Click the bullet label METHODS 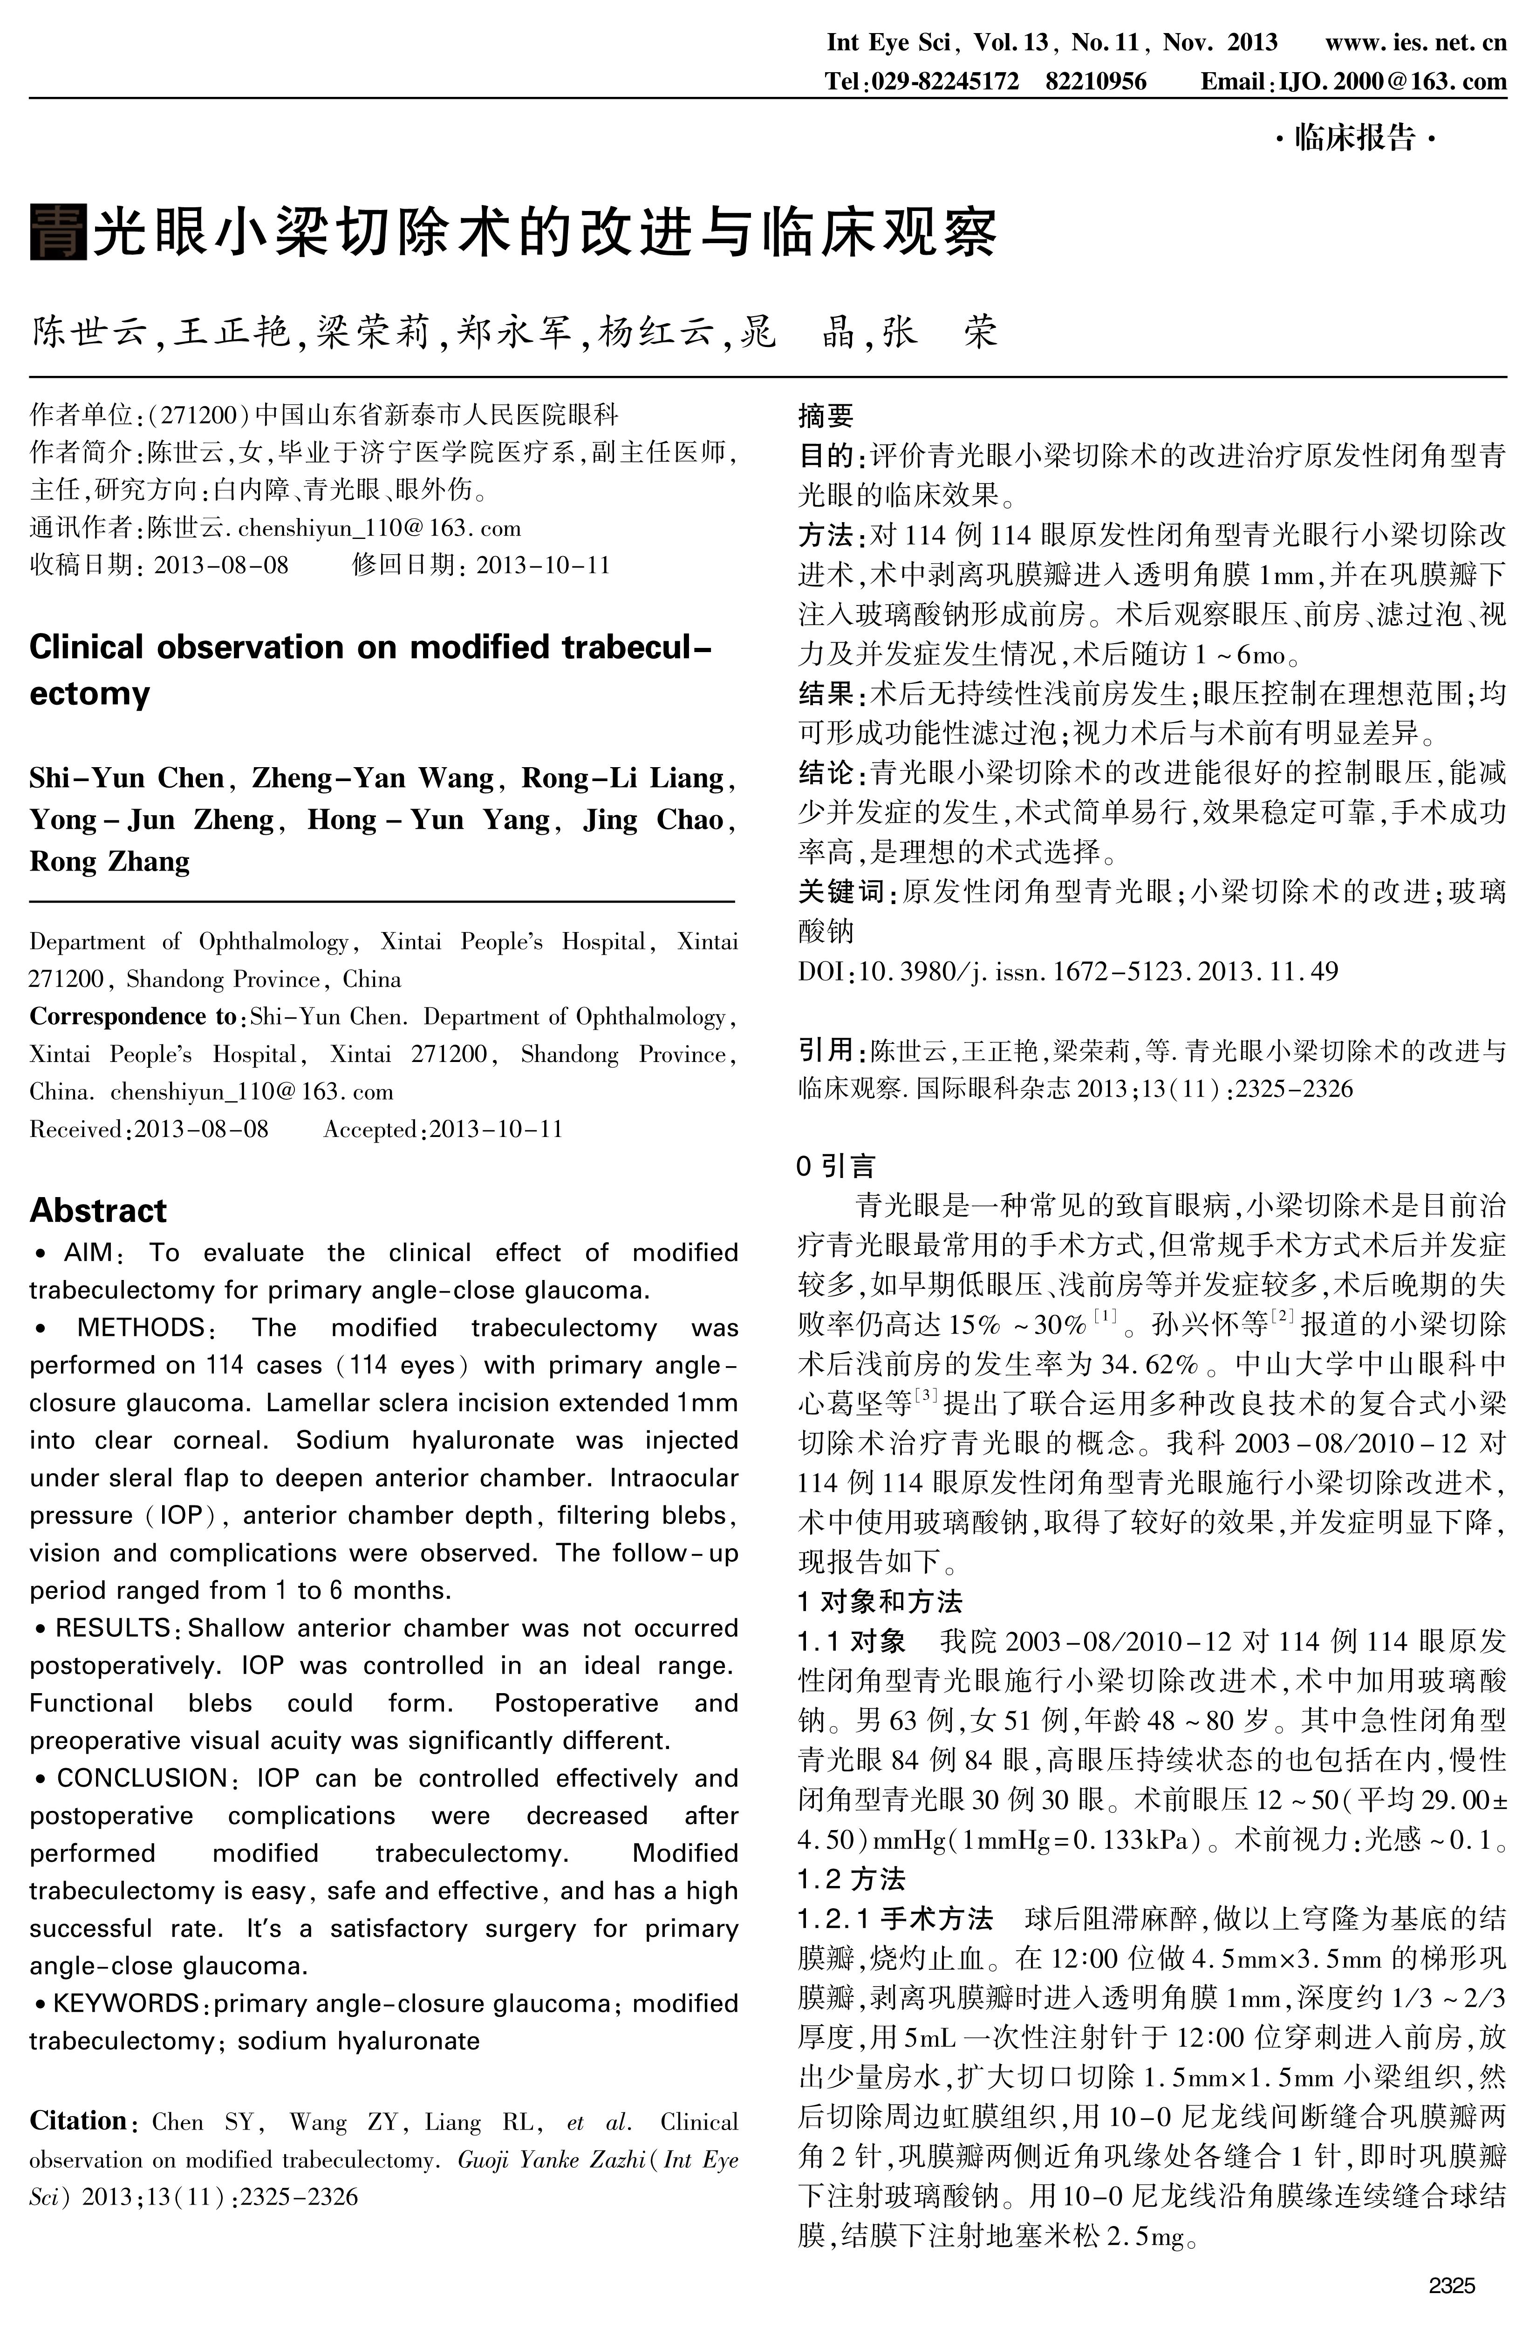coord(140,1328)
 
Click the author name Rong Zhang coord(110,861)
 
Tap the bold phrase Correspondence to coord(132,1017)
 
